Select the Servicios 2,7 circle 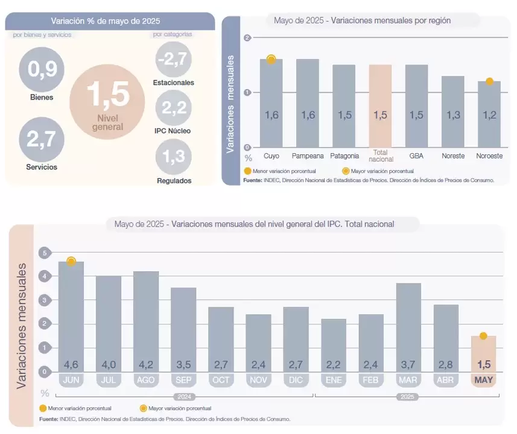click(x=42, y=139)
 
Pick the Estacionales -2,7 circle click(x=173, y=60)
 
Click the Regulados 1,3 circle click(x=173, y=157)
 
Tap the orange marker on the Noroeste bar click(x=489, y=81)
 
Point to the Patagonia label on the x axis click(x=344, y=156)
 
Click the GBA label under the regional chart click(x=416, y=156)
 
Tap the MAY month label click(x=483, y=380)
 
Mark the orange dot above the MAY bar click(x=483, y=336)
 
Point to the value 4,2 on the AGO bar click(x=146, y=364)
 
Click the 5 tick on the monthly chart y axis click(x=43, y=253)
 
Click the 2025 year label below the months click(x=407, y=397)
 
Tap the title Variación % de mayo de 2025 click(x=106, y=21)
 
